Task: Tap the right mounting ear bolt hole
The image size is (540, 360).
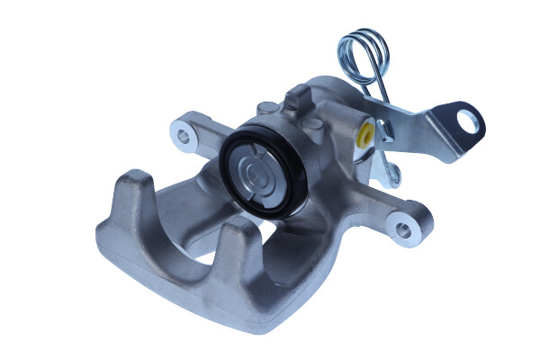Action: pyautogui.click(x=403, y=230)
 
